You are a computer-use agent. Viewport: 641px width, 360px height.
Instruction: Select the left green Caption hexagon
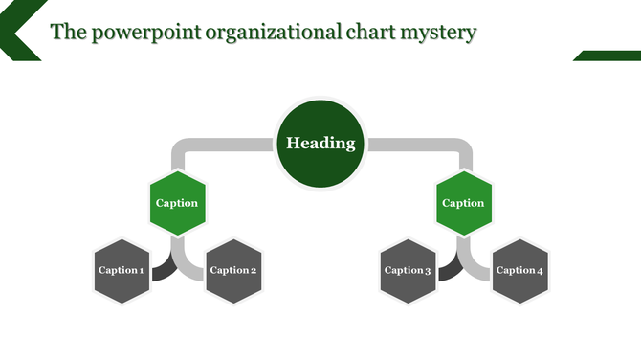177,202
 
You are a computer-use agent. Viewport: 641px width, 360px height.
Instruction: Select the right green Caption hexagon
463,202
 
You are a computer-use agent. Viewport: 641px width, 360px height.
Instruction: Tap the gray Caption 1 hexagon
122,271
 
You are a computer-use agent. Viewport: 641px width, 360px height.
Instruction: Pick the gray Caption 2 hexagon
233,271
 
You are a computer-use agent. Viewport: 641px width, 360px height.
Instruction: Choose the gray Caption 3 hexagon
409,271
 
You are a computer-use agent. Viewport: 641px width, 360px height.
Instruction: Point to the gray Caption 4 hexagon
520,271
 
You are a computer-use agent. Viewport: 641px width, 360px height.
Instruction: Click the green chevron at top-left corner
17,29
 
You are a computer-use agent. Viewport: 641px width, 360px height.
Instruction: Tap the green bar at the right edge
608,56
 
